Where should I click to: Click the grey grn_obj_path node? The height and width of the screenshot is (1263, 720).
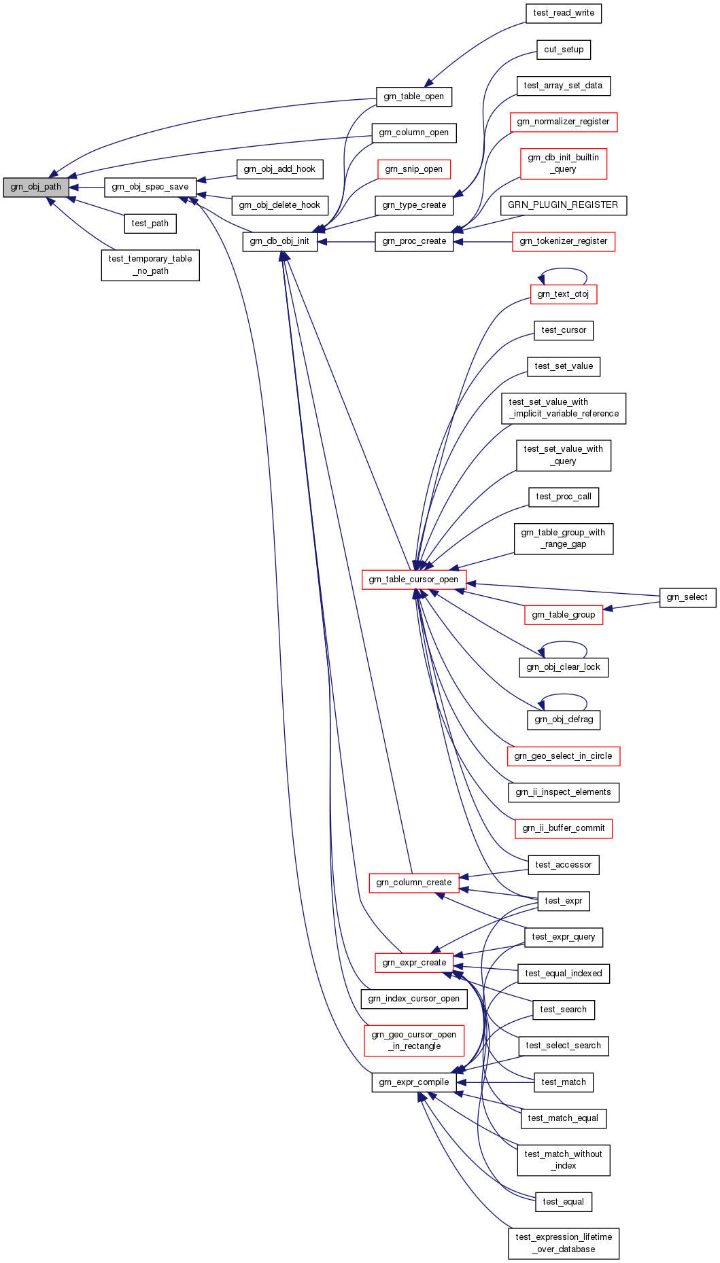click(36, 187)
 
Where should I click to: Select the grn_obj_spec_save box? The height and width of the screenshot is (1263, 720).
click(150, 187)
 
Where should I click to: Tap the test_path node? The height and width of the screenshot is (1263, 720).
click(150, 224)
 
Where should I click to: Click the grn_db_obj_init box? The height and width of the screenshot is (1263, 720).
click(279, 241)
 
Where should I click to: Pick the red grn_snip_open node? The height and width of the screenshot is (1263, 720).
click(413, 169)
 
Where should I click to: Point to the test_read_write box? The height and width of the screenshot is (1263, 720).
click(564, 13)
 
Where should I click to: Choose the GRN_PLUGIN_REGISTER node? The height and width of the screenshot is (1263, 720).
click(563, 205)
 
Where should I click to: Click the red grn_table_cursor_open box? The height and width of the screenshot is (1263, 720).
click(413, 580)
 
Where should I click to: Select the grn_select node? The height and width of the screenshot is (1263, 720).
click(687, 597)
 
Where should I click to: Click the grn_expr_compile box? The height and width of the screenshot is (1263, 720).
click(414, 1082)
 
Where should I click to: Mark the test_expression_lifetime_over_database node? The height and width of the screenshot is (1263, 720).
click(564, 1243)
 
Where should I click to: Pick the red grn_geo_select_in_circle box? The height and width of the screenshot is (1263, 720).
click(563, 756)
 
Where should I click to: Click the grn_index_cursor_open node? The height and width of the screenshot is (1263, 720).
click(413, 999)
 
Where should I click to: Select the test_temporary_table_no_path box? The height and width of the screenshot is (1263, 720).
click(150, 265)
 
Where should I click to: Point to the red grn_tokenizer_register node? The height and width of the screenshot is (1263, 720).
click(564, 241)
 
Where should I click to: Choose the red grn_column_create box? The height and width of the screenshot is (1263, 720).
click(413, 883)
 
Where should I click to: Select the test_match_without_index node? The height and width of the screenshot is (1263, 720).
click(564, 1160)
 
